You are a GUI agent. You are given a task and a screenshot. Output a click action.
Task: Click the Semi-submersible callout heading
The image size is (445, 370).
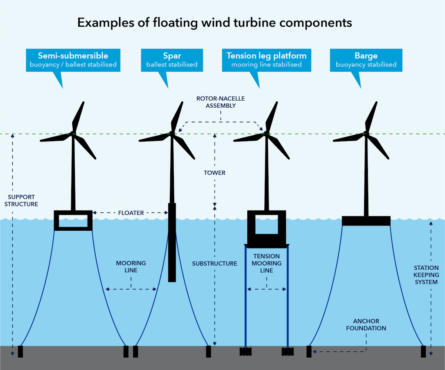73,56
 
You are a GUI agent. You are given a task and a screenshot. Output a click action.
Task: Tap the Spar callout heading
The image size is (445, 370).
172,56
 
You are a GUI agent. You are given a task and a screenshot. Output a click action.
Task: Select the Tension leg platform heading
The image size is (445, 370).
267,56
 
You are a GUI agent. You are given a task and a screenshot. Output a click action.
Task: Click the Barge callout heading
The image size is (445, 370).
366,56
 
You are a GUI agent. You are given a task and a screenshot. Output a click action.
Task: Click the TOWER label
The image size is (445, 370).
214,173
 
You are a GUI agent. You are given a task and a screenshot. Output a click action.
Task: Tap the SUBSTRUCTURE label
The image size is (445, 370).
214,263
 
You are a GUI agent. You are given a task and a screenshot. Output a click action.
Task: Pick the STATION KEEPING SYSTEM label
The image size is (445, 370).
426,275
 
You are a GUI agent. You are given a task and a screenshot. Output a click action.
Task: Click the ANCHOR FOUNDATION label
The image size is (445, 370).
367,324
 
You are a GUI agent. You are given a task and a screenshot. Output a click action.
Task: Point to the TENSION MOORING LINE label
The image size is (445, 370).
267,263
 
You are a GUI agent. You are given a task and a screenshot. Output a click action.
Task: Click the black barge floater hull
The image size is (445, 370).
366,221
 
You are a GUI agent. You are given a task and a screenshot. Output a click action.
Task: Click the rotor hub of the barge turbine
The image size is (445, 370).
367,133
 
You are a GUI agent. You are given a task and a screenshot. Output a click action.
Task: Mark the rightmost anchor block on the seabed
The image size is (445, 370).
423,351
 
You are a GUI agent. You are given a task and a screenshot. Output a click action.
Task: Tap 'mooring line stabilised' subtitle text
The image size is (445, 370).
266,65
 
